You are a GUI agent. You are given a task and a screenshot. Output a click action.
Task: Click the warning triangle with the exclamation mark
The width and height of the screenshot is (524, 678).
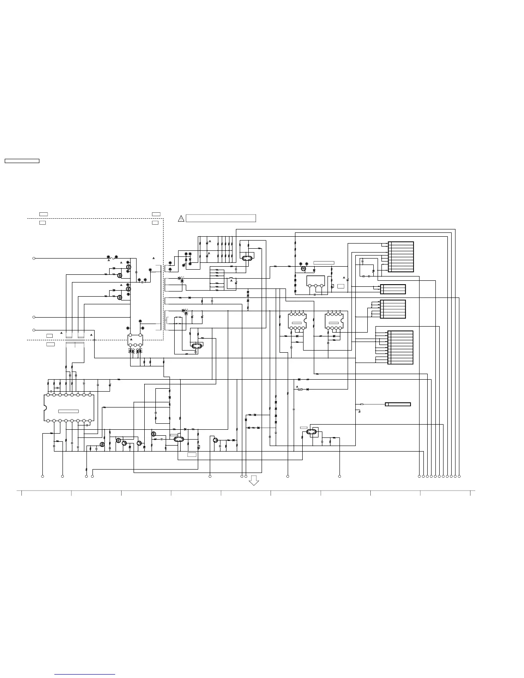[181, 219]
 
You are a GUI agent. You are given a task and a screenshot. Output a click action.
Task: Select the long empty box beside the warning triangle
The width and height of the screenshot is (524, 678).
[221, 218]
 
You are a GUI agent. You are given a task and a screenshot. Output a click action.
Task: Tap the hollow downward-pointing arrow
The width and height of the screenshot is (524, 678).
[254, 480]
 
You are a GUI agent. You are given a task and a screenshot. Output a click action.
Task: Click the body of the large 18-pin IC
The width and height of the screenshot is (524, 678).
[68, 407]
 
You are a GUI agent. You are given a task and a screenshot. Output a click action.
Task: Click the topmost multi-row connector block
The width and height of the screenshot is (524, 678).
[401, 257]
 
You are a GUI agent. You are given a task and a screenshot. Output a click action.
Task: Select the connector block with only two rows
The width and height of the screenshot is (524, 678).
[393, 289]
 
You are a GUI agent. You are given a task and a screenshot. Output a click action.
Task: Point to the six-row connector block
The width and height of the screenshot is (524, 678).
[393, 309]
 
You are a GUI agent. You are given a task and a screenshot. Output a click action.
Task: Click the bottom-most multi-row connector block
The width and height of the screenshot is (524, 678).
[401, 348]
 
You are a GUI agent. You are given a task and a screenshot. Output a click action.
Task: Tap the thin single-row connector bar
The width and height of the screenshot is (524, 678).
[398, 404]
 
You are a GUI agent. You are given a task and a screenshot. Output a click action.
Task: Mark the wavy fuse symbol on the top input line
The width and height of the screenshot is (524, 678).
[113, 259]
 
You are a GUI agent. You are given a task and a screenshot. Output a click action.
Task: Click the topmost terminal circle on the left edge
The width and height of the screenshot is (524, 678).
[34, 259]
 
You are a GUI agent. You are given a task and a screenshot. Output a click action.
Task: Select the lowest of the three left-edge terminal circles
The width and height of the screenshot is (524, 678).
[34, 330]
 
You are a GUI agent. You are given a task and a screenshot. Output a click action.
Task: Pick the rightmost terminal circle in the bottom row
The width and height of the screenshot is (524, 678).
[459, 476]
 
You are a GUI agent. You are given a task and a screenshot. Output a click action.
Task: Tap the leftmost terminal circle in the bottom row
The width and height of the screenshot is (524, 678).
[42, 476]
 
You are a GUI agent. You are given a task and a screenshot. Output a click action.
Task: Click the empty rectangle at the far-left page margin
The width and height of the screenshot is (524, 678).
[22, 161]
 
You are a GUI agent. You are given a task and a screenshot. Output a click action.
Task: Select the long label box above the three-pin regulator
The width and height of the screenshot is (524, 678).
[324, 263]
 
